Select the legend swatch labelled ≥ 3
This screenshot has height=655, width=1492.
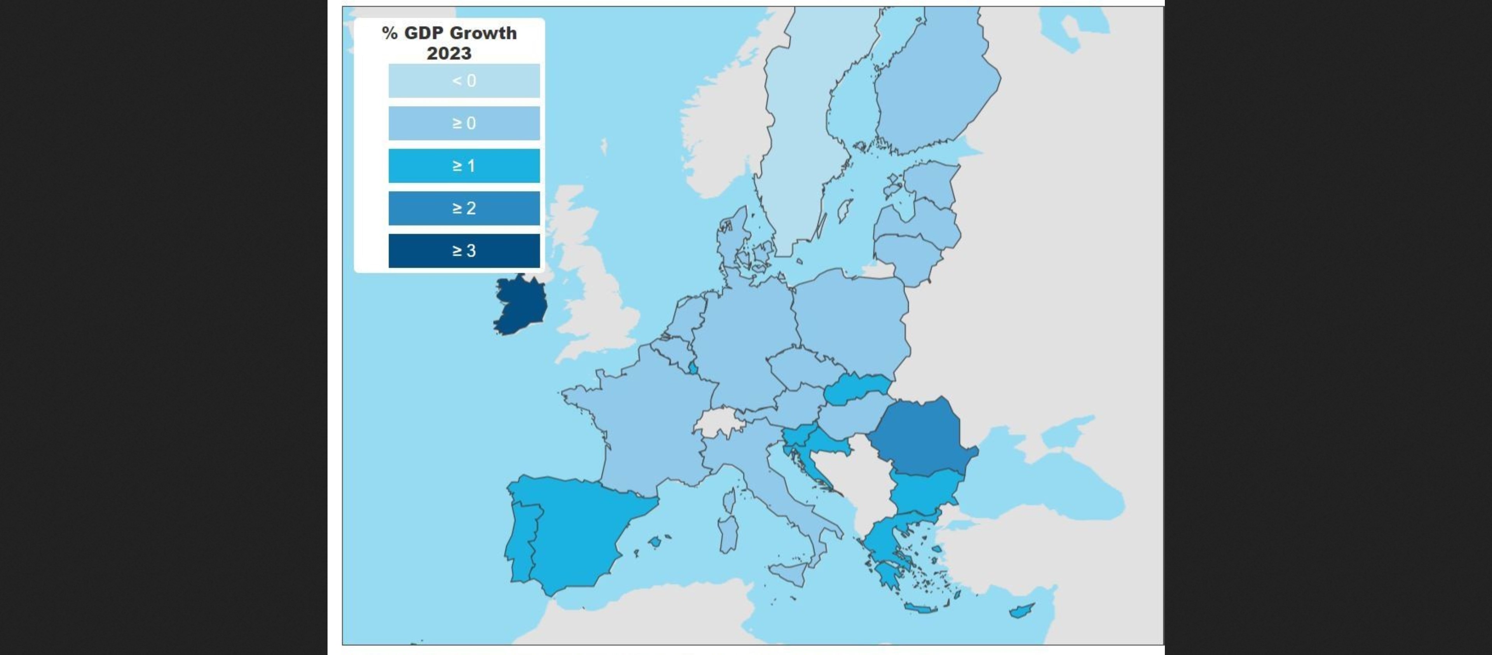click(x=464, y=250)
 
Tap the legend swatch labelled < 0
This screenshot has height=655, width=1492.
click(x=464, y=80)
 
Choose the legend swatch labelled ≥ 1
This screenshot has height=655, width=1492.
click(x=464, y=166)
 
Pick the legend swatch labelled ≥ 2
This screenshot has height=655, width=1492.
click(x=464, y=208)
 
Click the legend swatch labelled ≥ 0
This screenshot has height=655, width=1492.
click(x=464, y=123)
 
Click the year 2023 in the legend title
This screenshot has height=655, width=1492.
click(x=449, y=53)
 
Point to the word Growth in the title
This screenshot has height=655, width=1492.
click(x=484, y=33)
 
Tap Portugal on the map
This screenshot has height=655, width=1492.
click(x=521, y=539)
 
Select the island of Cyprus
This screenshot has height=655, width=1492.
click(x=1022, y=610)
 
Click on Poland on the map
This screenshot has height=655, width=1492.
click(x=849, y=325)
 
